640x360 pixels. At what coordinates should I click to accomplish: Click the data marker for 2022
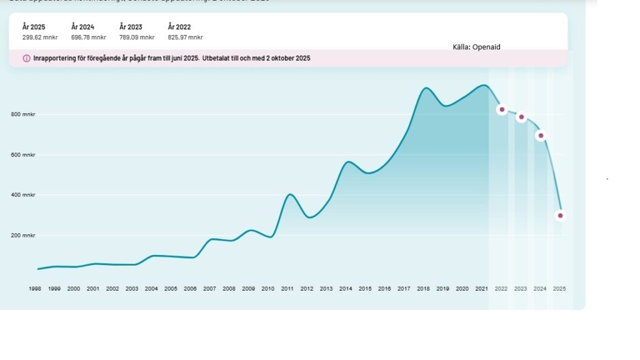tap(502, 109)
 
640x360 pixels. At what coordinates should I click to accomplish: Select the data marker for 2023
tap(521, 117)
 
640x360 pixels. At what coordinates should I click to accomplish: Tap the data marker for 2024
tap(541, 136)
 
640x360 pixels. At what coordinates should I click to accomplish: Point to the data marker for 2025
tap(560, 216)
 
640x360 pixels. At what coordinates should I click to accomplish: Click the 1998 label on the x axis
tap(35, 289)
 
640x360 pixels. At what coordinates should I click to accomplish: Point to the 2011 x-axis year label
tap(287, 289)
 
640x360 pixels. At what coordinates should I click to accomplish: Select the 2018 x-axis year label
tap(423, 289)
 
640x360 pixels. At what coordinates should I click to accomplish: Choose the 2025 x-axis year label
tap(559, 289)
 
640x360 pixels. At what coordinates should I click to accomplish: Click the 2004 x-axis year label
tap(151, 289)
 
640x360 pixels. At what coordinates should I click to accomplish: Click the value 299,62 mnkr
tap(40, 37)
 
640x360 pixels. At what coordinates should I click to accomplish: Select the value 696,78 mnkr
tap(88, 37)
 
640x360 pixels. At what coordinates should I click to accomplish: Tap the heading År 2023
tap(131, 27)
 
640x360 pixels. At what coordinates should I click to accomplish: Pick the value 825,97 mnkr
tap(185, 37)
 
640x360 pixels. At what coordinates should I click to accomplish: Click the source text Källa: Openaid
tap(476, 47)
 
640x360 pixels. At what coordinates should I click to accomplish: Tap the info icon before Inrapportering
tap(26, 58)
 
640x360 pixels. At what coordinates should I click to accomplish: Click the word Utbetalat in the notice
tap(217, 58)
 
